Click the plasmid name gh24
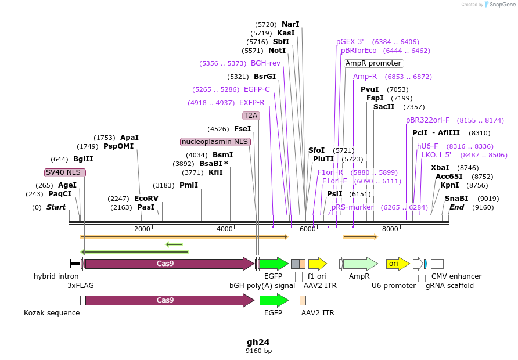tap(258, 342)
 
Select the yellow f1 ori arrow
tap(317, 264)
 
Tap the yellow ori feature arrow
tap(397, 264)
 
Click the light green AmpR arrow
tap(360, 264)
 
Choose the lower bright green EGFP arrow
tap(274, 300)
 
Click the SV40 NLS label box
tap(65, 172)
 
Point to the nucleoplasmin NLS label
tap(215, 142)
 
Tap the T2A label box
tap(251, 116)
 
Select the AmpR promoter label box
tap(373, 63)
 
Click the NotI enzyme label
tap(277, 51)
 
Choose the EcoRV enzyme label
tap(146, 199)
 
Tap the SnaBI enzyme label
tap(456, 199)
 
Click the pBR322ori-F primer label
tap(428, 120)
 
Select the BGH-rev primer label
tap(265, 63)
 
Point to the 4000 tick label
tap(224, 229)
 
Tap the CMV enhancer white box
tap(437, 264)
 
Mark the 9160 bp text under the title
tap(258, 351)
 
